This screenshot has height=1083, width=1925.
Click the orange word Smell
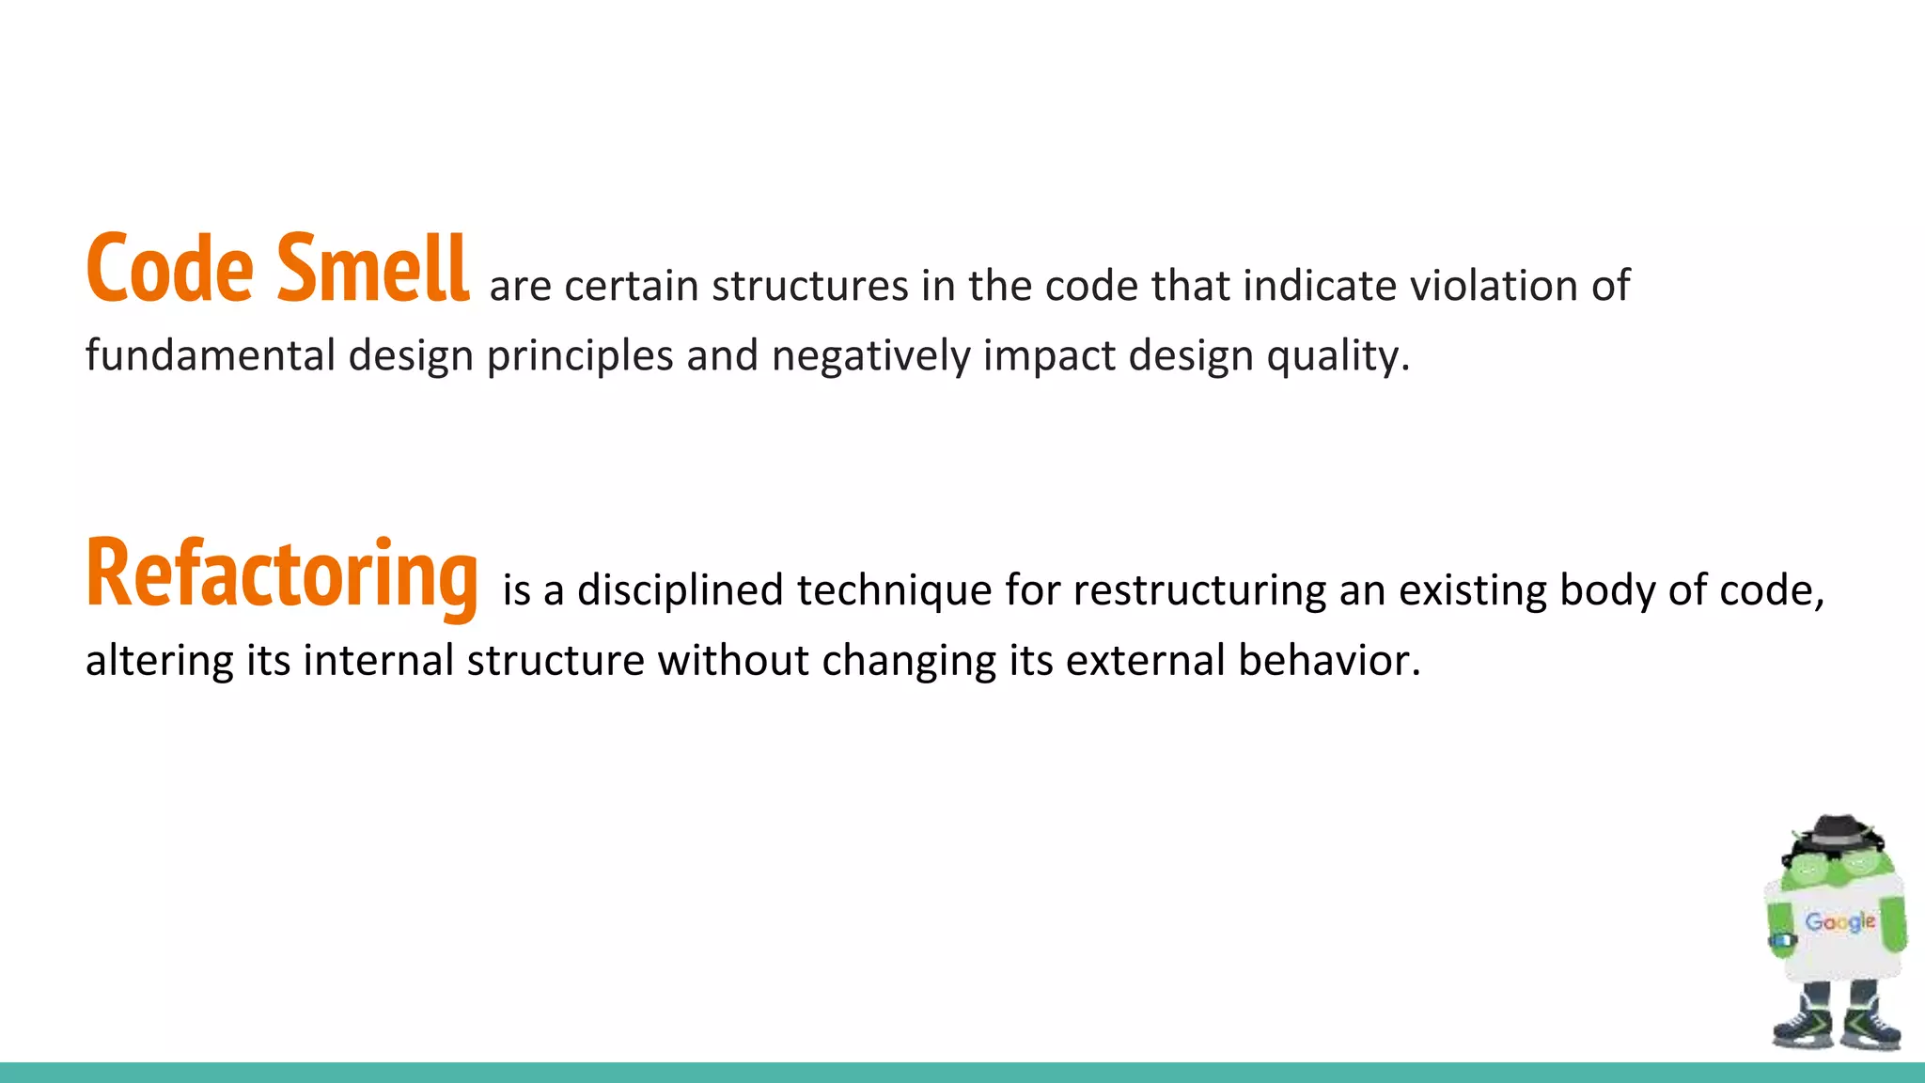372,270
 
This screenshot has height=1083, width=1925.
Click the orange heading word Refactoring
282,574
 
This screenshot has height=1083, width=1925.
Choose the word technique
894,591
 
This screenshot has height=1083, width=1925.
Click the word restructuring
1199,591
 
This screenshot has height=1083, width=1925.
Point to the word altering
159,661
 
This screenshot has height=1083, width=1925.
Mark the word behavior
1328,660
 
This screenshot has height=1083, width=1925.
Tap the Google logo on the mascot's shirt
1839,922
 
